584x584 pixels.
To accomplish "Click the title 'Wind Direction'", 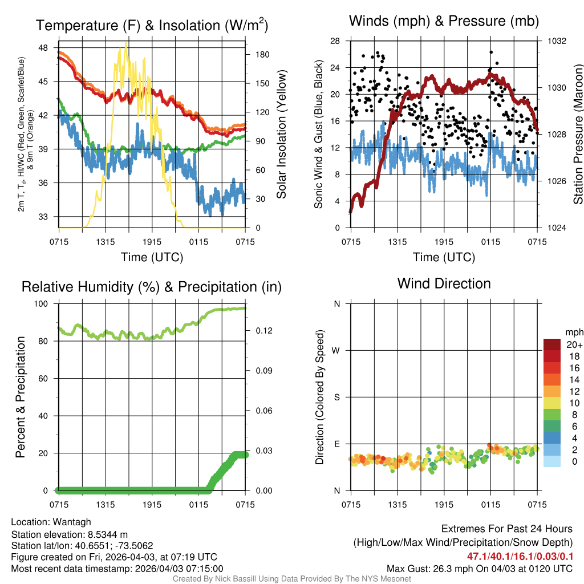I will [444, 283].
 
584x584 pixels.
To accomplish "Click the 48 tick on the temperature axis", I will [47, 48].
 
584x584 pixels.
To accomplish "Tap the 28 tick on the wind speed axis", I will [335, 41].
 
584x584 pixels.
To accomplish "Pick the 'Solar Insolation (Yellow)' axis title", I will [281, 135].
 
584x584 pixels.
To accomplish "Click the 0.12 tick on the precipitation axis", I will [258, 331].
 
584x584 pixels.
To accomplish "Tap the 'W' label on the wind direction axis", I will [336, 351].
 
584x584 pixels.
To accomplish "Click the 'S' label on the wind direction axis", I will [337, 398].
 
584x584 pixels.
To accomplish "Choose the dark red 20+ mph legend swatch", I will [553, 344].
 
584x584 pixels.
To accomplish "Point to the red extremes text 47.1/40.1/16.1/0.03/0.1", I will [520, 556].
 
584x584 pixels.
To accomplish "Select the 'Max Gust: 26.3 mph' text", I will [433, 568].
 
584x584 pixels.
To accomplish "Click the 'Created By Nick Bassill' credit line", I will [291, 579].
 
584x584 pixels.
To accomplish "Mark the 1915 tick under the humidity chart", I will [152, 505].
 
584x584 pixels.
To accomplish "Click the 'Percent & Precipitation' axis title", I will [21, 397].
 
